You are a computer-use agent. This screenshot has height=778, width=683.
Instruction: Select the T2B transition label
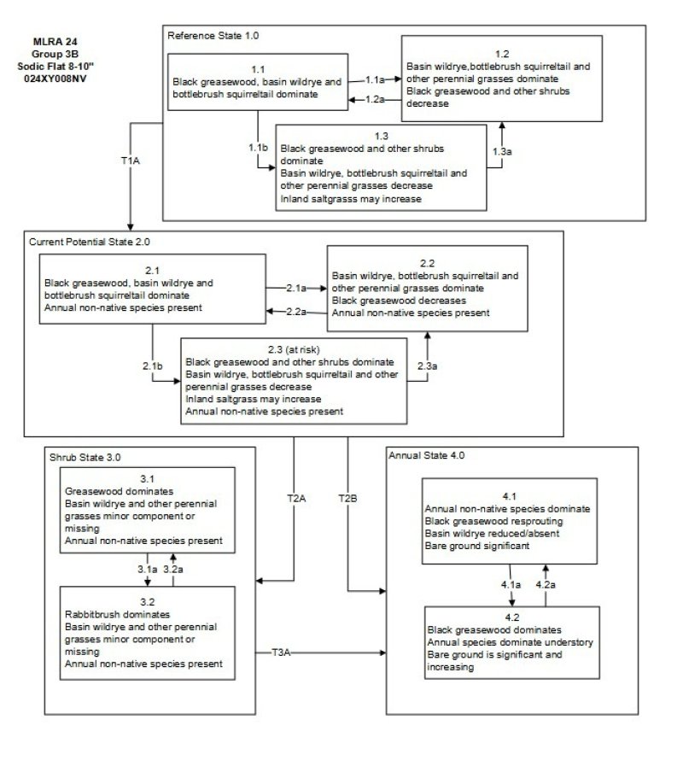tap(347, 497)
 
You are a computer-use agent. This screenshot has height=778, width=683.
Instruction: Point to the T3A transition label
tap(282, 653)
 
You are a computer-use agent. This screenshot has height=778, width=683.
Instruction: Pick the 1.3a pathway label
tap(502, 151)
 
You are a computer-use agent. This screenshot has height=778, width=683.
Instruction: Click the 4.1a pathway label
tap(511, 584)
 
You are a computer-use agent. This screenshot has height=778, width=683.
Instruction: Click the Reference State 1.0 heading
tap(213, 36)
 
